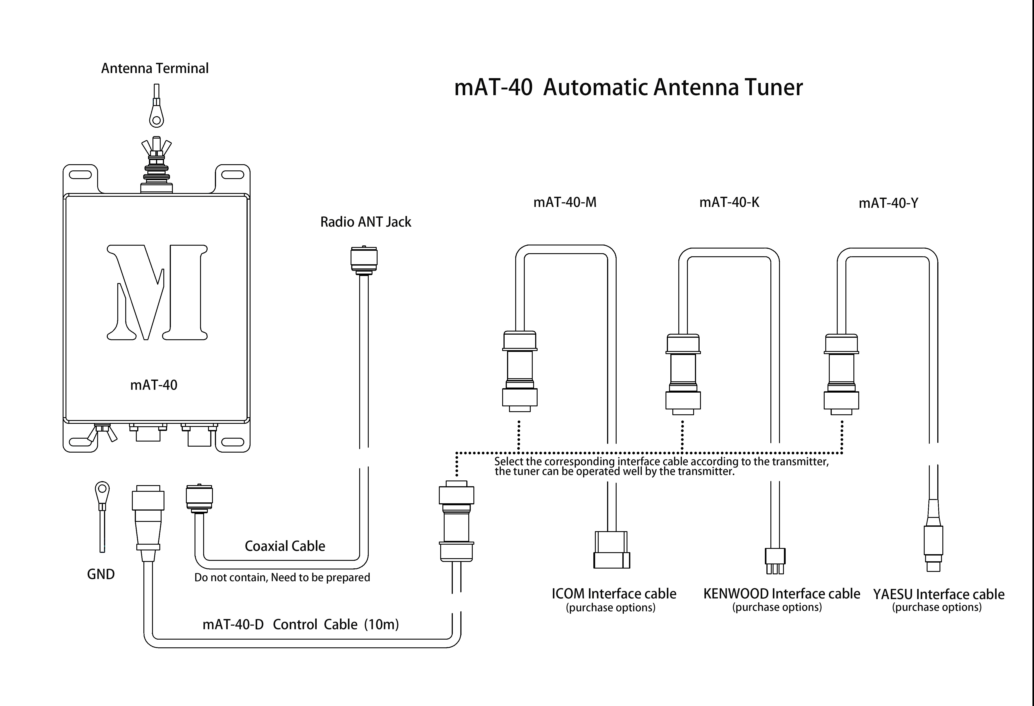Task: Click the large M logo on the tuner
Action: point(157,292)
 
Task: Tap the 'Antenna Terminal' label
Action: point(155,69)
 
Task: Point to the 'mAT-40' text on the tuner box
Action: point(154,385)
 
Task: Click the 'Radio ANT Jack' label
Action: point(366,222)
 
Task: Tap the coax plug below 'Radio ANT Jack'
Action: point(364,260)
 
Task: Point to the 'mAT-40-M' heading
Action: point(565,203)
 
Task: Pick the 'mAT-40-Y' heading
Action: point(888,203)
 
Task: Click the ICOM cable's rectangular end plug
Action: point(612,550)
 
